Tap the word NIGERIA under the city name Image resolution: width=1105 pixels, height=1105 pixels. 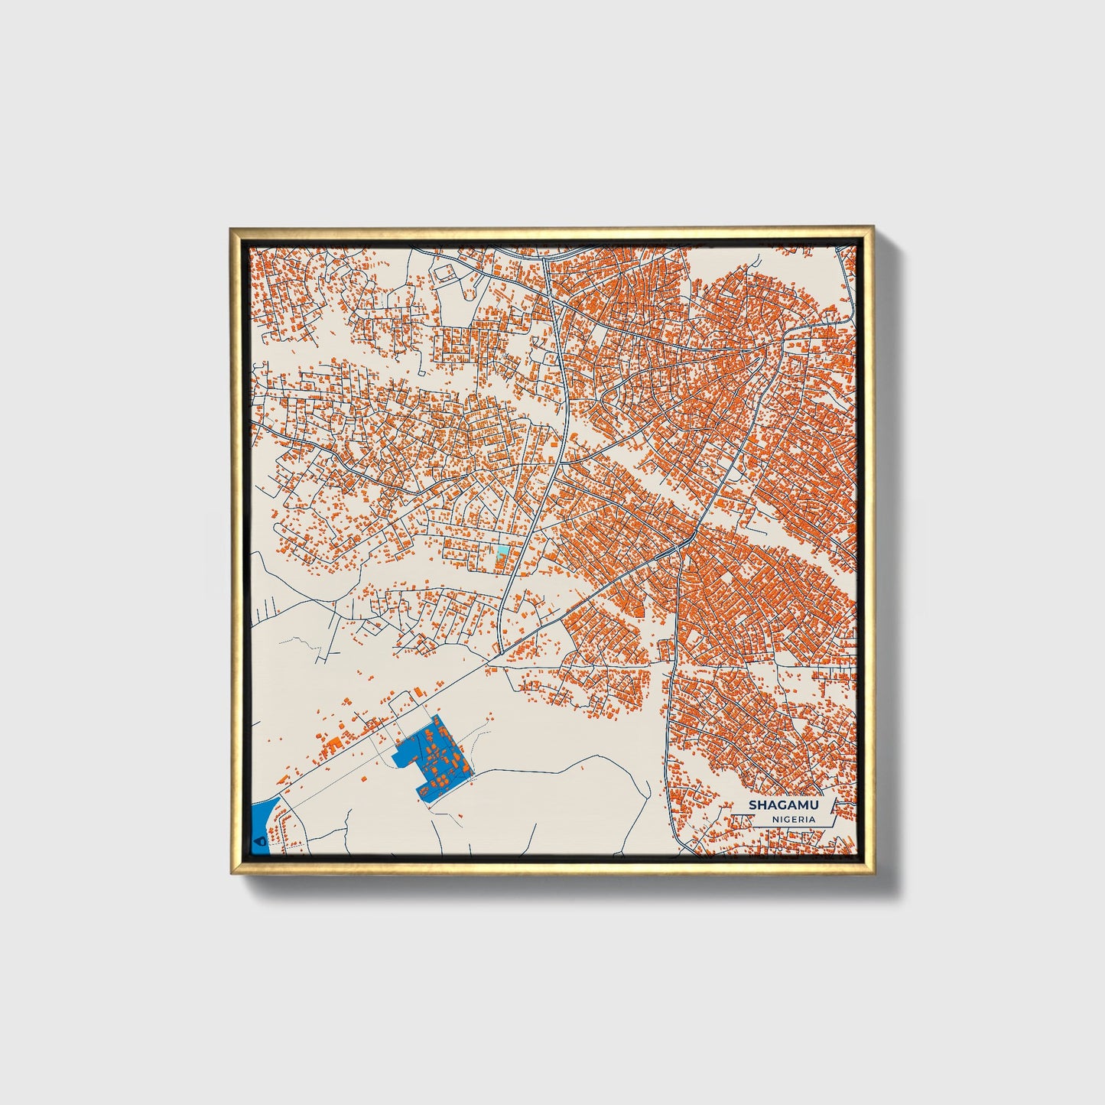(x=793, y=819)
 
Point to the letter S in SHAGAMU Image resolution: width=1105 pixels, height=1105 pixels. (x=752, y=804)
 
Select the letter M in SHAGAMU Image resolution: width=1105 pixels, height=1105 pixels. (x=798, y=804)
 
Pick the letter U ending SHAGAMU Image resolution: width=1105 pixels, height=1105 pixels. (x=812, y=804)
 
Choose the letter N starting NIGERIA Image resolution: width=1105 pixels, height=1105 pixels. (x=775, y=819)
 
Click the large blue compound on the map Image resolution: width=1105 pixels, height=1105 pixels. (x=428, y=757)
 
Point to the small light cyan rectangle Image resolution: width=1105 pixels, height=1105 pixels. (x=502, y=550)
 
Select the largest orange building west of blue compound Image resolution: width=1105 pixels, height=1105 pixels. (x=333, y=743)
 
